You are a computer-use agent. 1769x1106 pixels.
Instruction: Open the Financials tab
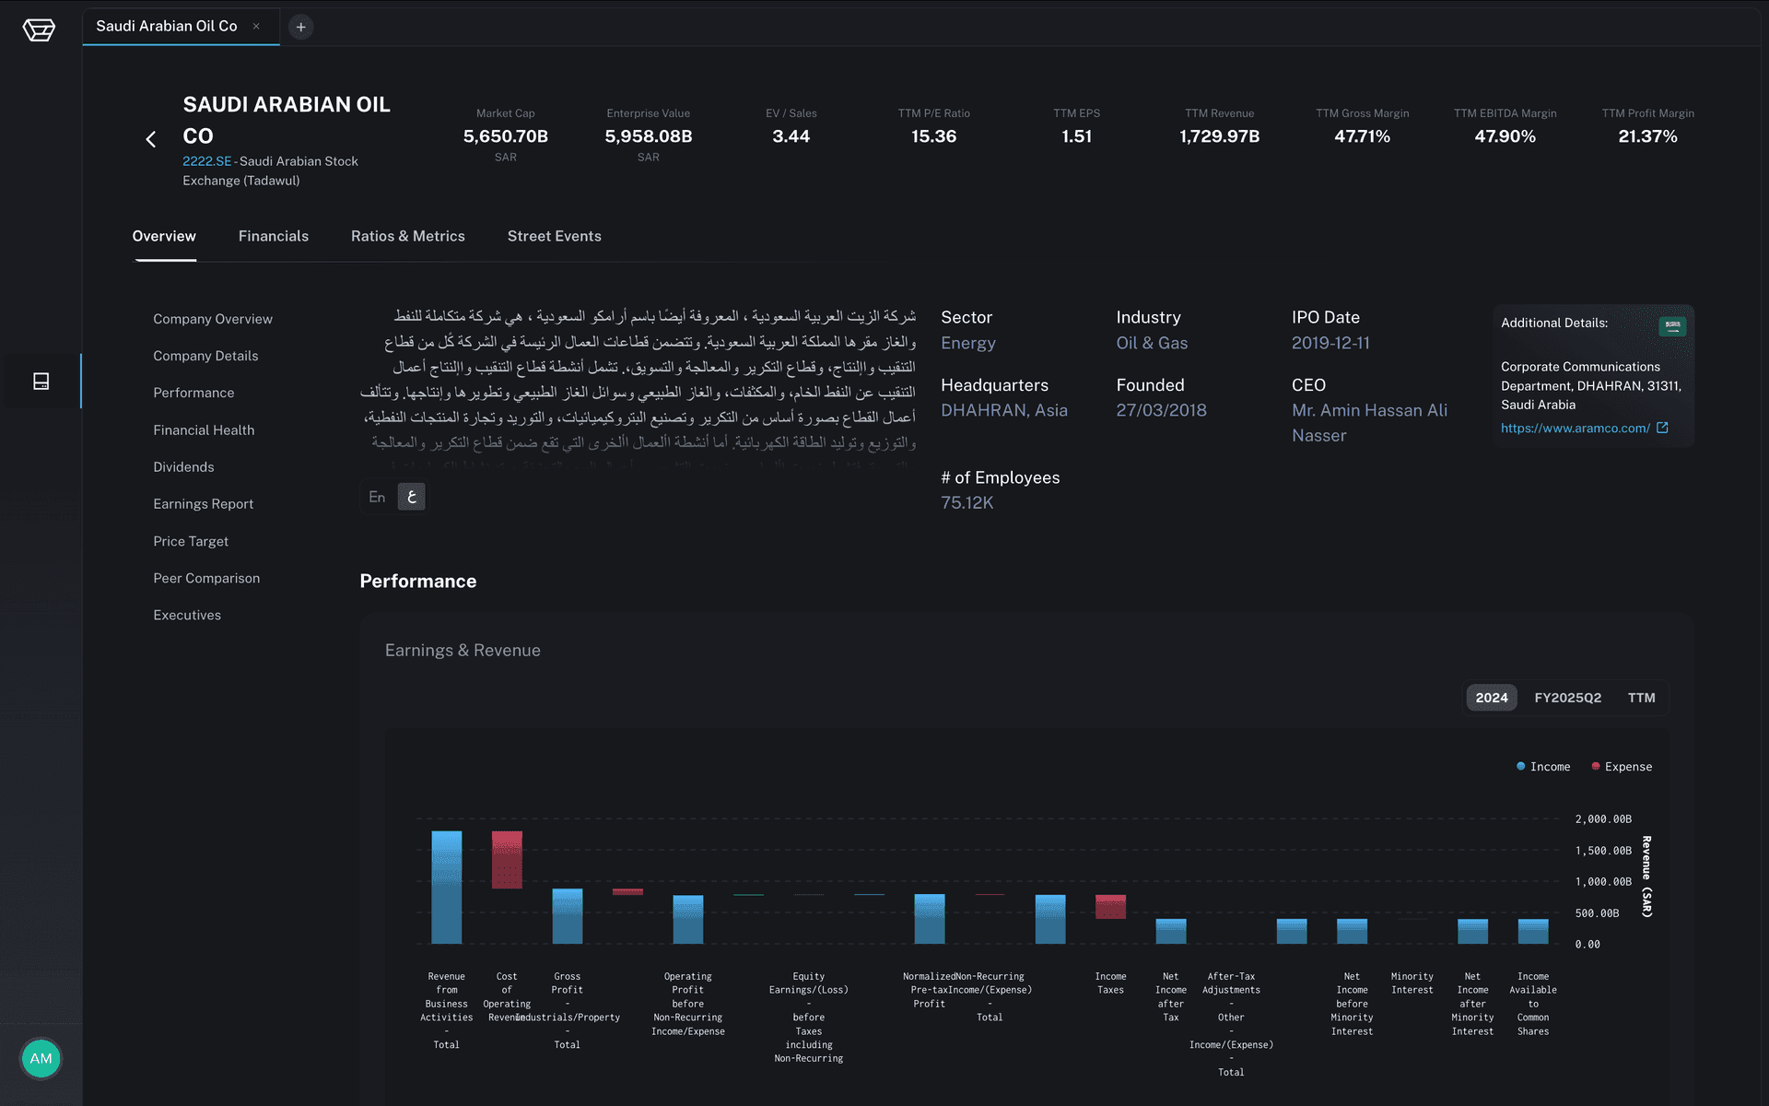(273, 236)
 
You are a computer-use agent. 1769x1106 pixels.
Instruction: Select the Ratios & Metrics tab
(407, 236)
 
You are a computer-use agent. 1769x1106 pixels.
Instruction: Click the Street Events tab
(554, 236)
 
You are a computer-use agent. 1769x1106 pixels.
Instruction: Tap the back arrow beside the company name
(151, 139)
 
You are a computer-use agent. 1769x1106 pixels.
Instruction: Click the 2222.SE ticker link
(206, 161)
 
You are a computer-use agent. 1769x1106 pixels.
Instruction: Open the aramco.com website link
(1575, 428)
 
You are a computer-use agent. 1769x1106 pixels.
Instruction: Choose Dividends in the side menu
(183, 467)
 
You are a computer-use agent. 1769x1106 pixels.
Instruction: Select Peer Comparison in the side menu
(206, 578)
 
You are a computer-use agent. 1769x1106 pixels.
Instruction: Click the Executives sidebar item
(187, 615)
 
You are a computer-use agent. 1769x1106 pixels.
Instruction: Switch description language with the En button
(377, 497)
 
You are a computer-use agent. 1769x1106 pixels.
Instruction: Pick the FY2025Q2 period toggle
(1567, 698)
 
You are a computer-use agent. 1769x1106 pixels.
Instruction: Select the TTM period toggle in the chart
(1641, 698)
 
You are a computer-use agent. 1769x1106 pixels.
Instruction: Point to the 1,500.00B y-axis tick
(1603, 851)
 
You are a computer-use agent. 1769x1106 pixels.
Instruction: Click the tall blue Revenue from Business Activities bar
(447, 887)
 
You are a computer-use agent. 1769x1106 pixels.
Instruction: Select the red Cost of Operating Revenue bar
(507, 859)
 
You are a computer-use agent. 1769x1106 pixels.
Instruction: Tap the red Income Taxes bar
(1110, 907)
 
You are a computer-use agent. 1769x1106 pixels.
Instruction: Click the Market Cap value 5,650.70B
(505, 136)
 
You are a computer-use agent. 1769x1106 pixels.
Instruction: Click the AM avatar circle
(41, 1058)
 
